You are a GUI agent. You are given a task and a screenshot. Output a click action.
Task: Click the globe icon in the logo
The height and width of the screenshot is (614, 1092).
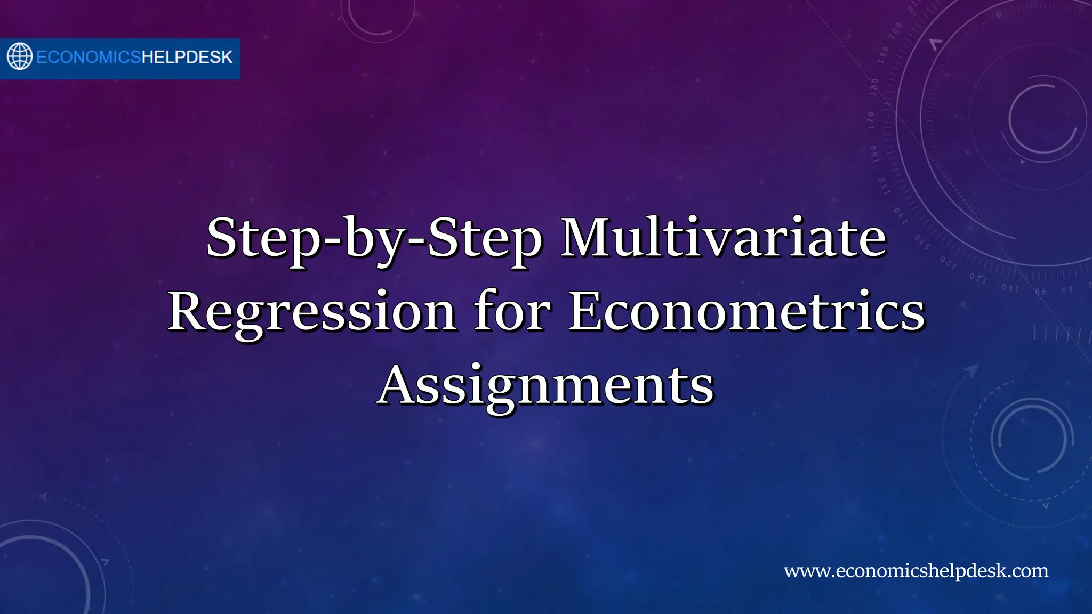coord(20,56)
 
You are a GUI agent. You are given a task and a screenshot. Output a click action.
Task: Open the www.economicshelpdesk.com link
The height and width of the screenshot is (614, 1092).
coord(916,571)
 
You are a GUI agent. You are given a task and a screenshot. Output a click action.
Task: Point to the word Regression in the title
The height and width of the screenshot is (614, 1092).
coord(312,312)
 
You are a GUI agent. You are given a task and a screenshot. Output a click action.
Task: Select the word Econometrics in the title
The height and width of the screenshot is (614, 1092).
coord(746,312)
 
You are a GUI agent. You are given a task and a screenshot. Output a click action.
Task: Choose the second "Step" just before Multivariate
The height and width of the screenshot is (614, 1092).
coord(484,238)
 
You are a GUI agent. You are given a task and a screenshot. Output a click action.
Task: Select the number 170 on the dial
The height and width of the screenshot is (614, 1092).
coord(871,120)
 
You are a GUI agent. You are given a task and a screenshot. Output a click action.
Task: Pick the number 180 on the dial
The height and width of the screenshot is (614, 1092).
coord(874,87)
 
